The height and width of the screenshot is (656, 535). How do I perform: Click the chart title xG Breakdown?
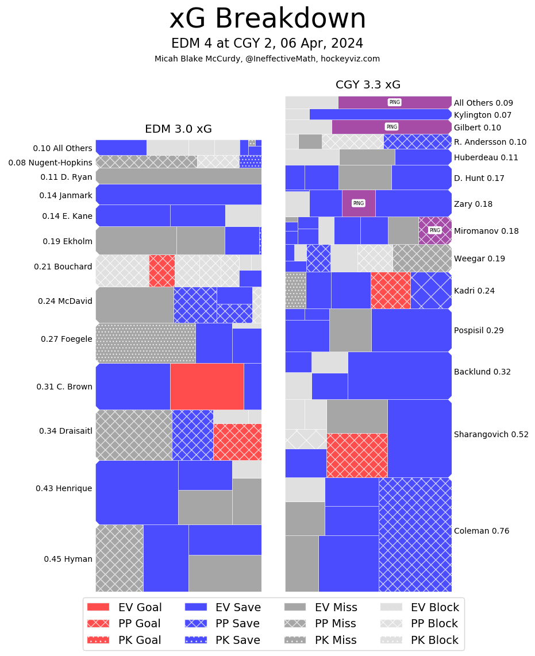click(267, 19)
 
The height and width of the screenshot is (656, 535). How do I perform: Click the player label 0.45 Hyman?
click(68, 559)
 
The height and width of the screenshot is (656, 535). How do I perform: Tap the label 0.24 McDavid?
click(65, 301)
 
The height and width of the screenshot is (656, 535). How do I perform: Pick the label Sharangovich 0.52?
click(491, 434)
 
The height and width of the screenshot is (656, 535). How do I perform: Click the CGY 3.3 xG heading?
click(368, 85)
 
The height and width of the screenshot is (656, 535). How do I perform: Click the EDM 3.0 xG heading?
click(178, 129)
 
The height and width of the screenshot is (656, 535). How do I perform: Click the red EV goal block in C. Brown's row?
click(207, 386)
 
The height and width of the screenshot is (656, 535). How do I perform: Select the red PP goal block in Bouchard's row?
click(162, 271)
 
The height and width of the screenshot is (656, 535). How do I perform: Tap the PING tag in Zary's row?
click(359, 203)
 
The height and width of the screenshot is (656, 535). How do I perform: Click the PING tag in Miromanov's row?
click(435, 230)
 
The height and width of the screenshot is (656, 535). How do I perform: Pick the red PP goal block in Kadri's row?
click(391, 290)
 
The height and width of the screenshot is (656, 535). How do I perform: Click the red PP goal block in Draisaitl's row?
click(237, 442)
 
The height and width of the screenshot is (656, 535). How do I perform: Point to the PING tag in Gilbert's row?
click(392, 127)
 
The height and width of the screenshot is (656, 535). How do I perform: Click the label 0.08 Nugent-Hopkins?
click(50, 163)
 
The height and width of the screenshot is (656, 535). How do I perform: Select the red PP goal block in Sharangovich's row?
click(357, 455)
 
